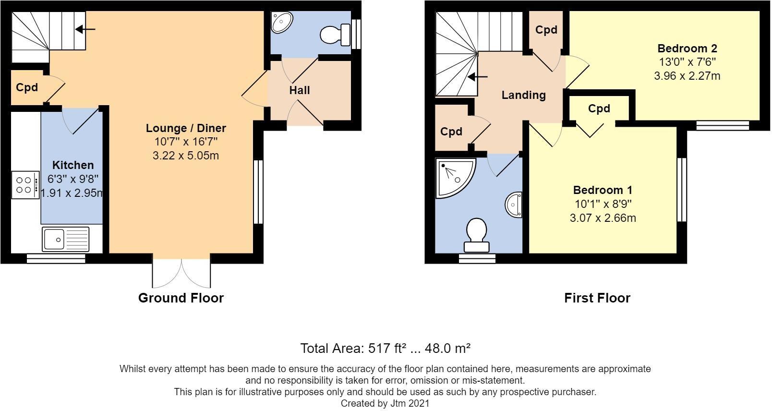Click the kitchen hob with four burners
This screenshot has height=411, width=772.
(25, 185)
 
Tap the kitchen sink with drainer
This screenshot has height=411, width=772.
(65, 239)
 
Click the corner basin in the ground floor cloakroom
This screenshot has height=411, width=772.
(281, 22)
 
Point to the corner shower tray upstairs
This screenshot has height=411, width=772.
(456, 178)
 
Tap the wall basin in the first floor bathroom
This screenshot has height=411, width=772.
(514, 205)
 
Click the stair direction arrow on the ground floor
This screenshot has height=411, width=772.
(85, 29)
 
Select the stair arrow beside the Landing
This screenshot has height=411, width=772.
(477, 77)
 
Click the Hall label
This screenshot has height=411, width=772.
(300, 90)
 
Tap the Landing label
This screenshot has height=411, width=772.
(523, 95)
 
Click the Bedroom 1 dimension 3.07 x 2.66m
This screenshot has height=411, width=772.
(603, 218)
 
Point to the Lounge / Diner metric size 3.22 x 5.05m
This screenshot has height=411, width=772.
(186, 156)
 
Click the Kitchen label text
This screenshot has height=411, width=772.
(73, 165)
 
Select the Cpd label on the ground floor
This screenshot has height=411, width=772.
(27, 87)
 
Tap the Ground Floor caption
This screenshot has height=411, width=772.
(181, 298)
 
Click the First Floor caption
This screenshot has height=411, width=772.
(597, 298)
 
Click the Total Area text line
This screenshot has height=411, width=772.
(386, 348)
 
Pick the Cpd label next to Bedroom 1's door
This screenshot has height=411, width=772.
(599, 109)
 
